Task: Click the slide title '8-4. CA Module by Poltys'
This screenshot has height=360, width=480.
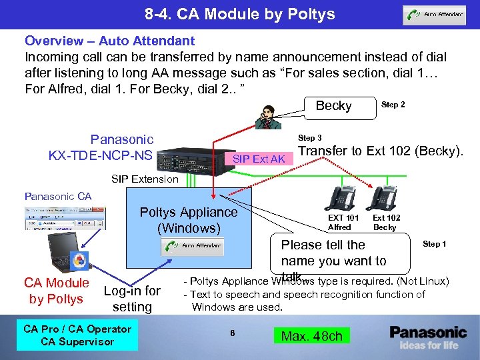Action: tap(240, 14)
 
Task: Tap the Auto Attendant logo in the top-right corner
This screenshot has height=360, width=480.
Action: tap(433, 15)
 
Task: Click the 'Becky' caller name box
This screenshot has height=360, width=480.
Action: tap(333, 106)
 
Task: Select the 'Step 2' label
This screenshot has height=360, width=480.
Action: tap(393, 105)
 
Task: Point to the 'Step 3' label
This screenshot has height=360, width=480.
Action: tap(310, 138)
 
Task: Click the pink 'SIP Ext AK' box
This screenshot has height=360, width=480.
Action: tap(258, 158)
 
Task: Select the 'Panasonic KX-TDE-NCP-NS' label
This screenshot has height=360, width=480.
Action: tap(101, 147)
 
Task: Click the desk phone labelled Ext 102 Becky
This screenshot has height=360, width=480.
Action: tap(385, 198)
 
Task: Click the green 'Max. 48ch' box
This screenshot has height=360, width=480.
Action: tap(311, 336)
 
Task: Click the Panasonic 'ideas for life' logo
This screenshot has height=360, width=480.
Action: tap(428, 337)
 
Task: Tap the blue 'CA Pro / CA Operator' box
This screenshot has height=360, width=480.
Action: tap(77, 335)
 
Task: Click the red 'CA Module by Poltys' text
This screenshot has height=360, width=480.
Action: tap(56, 291)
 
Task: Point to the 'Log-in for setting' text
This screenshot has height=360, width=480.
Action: tap(132, 298)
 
